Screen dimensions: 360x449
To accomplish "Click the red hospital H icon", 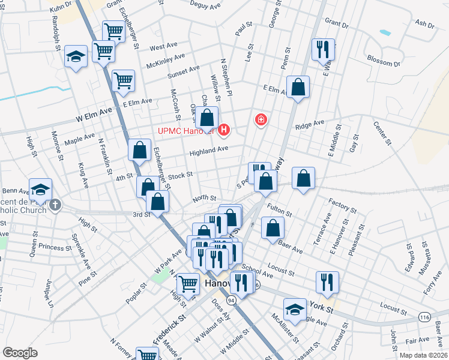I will point(224,129).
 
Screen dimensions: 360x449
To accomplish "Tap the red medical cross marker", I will point(261,120).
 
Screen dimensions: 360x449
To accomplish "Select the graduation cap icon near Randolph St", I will point(76,57).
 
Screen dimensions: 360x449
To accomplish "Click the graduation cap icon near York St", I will point(295,310).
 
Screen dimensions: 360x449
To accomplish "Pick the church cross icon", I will point(55,205).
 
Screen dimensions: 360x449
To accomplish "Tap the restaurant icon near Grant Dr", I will point(323,50).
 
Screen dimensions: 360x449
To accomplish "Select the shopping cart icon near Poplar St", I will point(188,284).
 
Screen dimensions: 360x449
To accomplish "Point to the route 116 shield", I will point(425,316).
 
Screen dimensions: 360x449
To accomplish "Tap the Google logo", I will point(20,353).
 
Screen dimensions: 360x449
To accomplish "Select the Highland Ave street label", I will point(209,150).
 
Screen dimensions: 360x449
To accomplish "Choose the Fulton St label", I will point(280,210).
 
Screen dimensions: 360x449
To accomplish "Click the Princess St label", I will point(55,247).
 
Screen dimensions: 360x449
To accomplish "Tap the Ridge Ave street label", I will point(310,124).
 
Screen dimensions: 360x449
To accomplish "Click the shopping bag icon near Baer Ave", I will point(273,228).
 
